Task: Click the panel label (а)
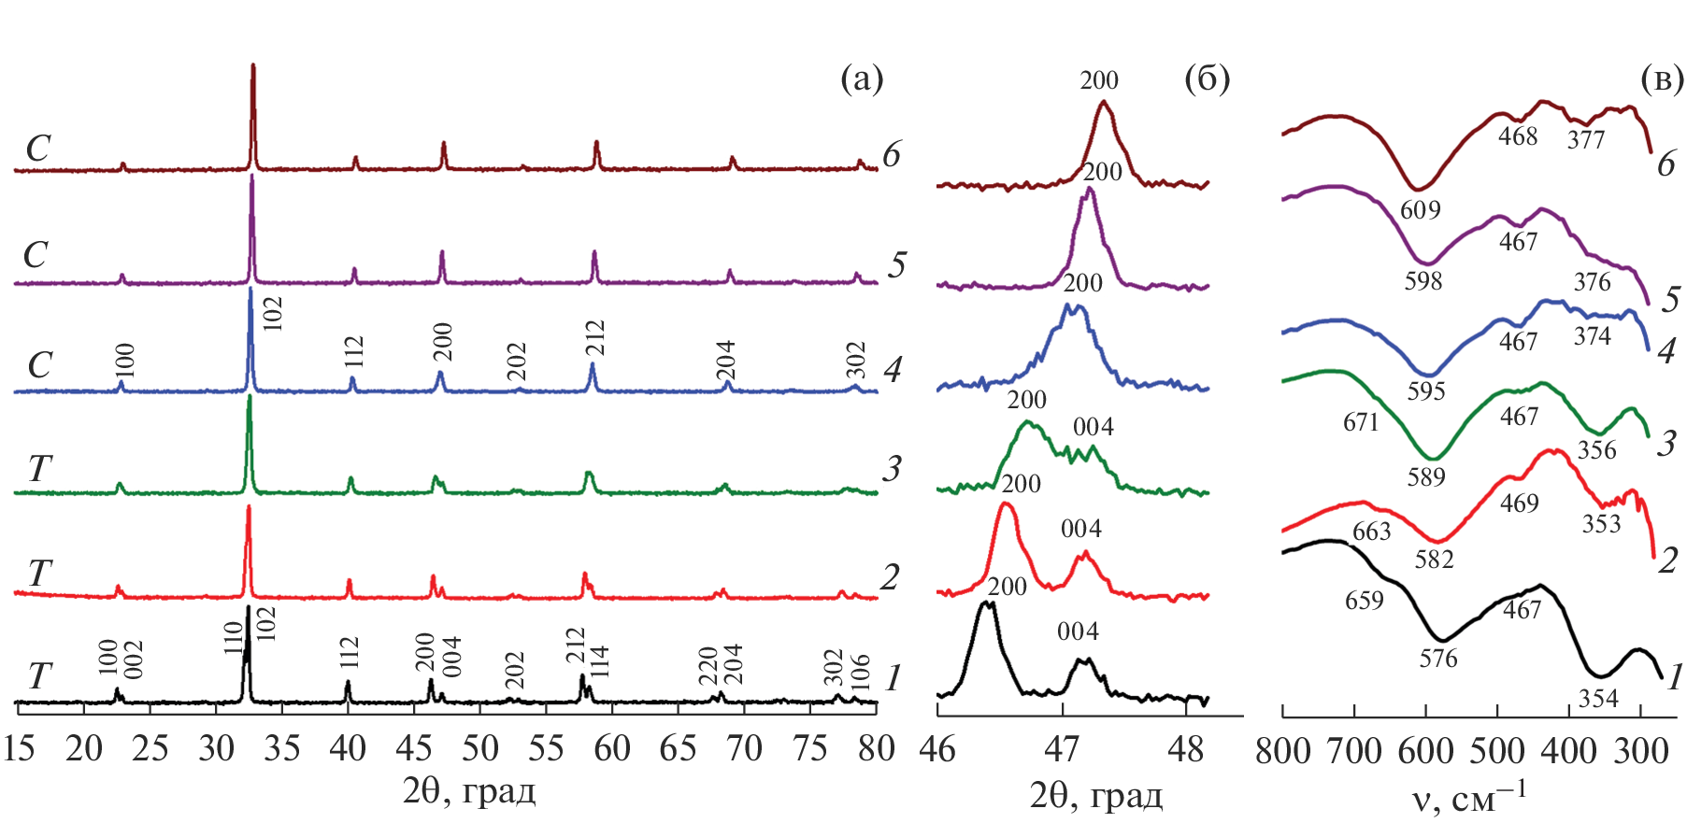click(861, 79)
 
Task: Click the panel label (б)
click(1207, 79)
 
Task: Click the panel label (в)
click(1662, 79)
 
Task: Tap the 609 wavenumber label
click(1420, 209)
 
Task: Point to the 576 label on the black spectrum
click(1437, 659)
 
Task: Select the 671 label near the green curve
click(1361, 422)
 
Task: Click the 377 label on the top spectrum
click(1586, 140)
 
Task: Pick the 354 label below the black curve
click(1598, 698)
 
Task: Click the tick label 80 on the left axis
click(876, 749)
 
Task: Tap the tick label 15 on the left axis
click(19, 749)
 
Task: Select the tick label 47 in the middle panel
click(1062, 749)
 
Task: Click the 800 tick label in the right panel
click(1282, 751)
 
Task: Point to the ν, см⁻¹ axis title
click(1467, 797)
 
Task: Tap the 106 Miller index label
click(861, 670)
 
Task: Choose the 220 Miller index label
click(708, 665)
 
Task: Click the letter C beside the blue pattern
click(39, 364)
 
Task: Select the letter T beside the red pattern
click(38, 573)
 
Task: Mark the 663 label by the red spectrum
click(1371, 532)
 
